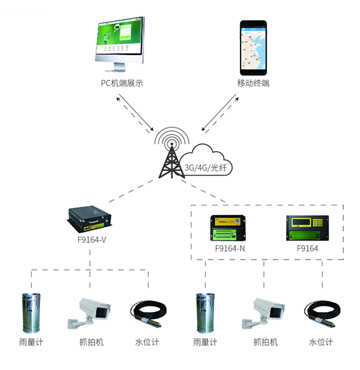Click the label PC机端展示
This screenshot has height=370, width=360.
[x=122, y=83]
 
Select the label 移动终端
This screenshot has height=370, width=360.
[x=253, y=83]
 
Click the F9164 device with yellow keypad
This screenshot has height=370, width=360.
[x=307, y=228]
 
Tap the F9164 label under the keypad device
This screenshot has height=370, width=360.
[x=307, y=248]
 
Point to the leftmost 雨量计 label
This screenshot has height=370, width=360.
[x=31, y=342]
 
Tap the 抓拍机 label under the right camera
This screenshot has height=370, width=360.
[x=265, y=342]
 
